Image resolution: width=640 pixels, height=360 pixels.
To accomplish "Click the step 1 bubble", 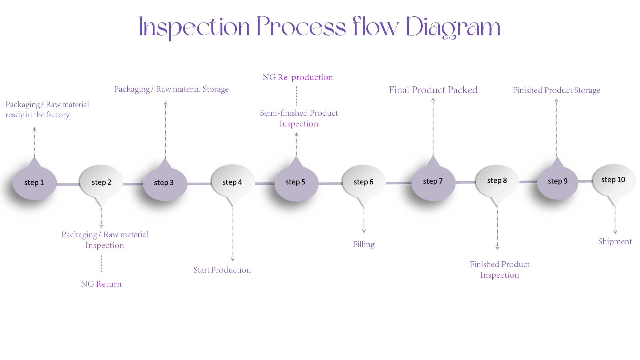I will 34,183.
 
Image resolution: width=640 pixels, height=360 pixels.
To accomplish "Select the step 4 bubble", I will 232,182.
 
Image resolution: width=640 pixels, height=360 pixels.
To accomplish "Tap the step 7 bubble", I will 433,181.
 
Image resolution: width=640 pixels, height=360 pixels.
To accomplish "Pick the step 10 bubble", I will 613,180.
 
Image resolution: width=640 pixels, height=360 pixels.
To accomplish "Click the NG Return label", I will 101,284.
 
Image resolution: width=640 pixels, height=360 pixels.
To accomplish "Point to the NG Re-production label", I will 298,77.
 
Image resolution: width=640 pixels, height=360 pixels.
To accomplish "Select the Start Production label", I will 222,270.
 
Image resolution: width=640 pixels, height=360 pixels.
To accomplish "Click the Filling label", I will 364,244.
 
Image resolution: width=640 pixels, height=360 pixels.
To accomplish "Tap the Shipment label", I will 615,241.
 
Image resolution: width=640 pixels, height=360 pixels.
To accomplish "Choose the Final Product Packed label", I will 433,90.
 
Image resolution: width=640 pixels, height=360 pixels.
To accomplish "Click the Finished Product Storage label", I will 556,90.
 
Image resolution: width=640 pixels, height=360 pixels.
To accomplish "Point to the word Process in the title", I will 301,27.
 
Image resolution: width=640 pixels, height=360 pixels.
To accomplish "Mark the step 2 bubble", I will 101,182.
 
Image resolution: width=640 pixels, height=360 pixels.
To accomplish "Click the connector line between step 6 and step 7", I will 398,183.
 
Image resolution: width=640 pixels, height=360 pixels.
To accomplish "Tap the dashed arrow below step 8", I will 497,228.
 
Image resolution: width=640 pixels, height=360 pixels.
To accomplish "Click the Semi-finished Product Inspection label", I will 299,118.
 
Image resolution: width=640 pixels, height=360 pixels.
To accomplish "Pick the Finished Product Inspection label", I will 500,270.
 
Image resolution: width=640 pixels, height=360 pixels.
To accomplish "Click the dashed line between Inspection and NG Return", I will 101,264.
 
